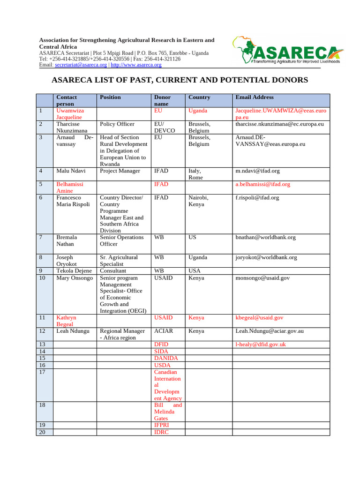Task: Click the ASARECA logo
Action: [287, 49]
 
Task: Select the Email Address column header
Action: [255, 97]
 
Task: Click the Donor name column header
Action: [163, 100]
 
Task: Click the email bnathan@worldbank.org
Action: [265, 238]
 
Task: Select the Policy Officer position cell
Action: [117, 124]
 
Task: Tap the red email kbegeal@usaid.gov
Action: [259, 318]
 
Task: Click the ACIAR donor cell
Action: [164, 331]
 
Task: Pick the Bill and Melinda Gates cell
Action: [168, 412]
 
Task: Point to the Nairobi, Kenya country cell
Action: [198, 201]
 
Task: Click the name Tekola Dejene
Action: [74, 271]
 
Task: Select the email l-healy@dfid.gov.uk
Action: [260, 345]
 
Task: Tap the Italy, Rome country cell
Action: [195, 174]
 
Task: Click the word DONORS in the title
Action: [285, 80]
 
